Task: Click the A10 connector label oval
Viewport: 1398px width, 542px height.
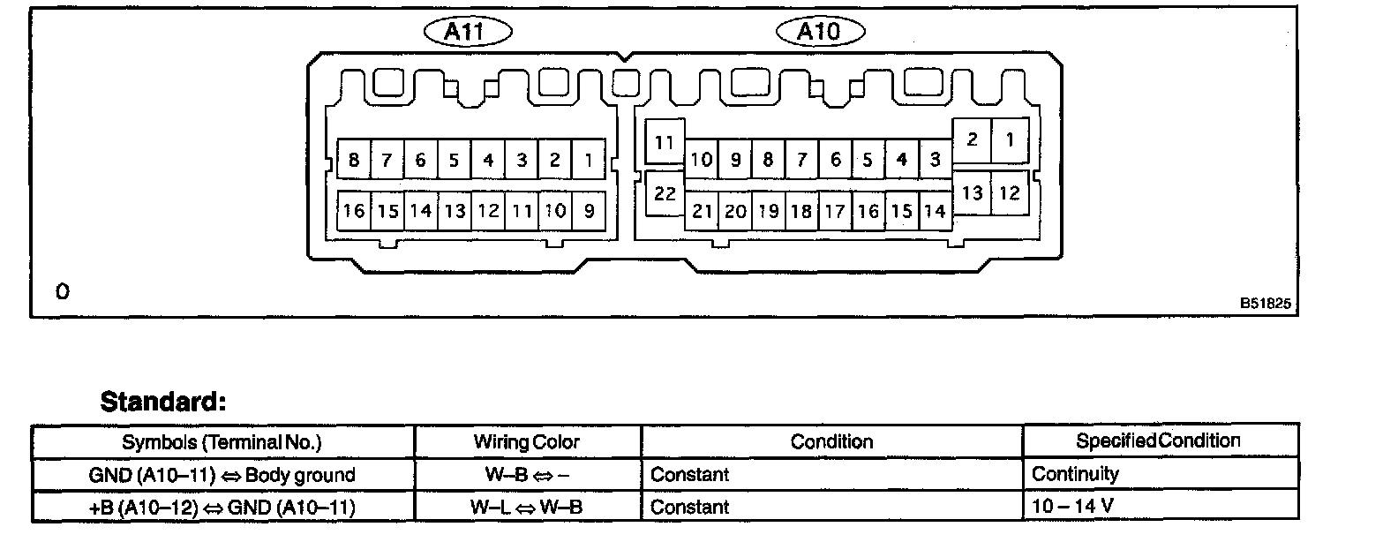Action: pos(820,33)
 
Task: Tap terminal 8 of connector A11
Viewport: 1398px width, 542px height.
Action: pos(354,160)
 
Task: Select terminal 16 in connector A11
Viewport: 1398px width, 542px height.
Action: pos(354,211)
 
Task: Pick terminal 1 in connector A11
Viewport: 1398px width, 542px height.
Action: pos(589,160)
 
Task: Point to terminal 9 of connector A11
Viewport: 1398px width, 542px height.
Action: pos(589,211)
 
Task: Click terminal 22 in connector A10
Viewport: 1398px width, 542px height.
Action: pos(665,193)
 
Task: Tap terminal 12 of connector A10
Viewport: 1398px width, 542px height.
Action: pos(1009,192)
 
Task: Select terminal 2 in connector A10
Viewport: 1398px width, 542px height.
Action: pos(972,139)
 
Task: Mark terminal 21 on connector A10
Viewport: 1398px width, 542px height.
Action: pos(702,211)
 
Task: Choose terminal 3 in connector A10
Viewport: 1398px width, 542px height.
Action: pos(935,160)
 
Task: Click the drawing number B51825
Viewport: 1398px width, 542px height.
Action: pos(1265,303)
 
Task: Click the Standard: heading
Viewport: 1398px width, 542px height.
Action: pos(163,403)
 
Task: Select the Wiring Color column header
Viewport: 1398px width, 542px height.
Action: pos(526,441)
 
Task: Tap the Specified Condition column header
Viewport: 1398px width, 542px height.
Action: pos(1158,440)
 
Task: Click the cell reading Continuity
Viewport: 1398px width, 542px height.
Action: pos(1075,474)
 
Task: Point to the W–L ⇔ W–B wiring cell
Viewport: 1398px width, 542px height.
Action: pos(526,507)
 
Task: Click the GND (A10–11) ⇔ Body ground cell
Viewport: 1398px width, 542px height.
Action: pos(222,474)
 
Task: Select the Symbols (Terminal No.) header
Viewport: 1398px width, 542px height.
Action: pos(222,441)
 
